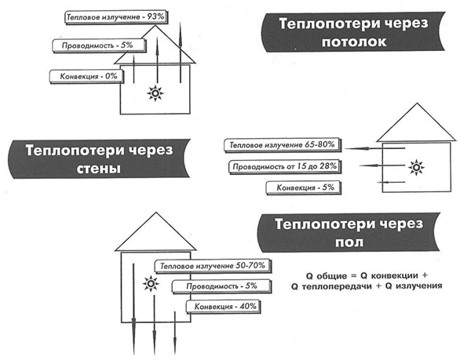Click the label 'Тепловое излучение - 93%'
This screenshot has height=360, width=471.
(x=115, y=17)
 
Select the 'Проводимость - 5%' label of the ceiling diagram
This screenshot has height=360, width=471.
(x=99, y=45)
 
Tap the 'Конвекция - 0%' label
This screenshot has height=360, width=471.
(x=86, y=76)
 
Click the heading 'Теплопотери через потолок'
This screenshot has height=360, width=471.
(x=353, y=32)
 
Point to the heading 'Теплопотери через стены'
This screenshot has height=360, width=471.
(x=99, y=158)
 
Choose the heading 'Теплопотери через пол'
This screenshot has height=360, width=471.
(x=349, y=232)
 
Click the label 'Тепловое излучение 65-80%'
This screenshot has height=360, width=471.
(x=283, y=145)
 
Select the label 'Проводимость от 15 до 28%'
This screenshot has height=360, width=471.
(x=284, y=166)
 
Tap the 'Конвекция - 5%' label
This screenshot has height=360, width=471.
(x=304, y=187)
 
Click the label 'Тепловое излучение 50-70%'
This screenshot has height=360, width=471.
(x=213, y=266)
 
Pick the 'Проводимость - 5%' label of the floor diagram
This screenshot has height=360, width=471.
(x=221, y=286)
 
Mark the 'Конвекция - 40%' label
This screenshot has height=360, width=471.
(x=223, y=307)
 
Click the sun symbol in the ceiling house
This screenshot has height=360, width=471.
(x=155, y=93)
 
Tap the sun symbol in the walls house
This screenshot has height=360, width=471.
(x=416, y=168)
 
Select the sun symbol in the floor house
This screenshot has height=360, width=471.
(x=151, y=283)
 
